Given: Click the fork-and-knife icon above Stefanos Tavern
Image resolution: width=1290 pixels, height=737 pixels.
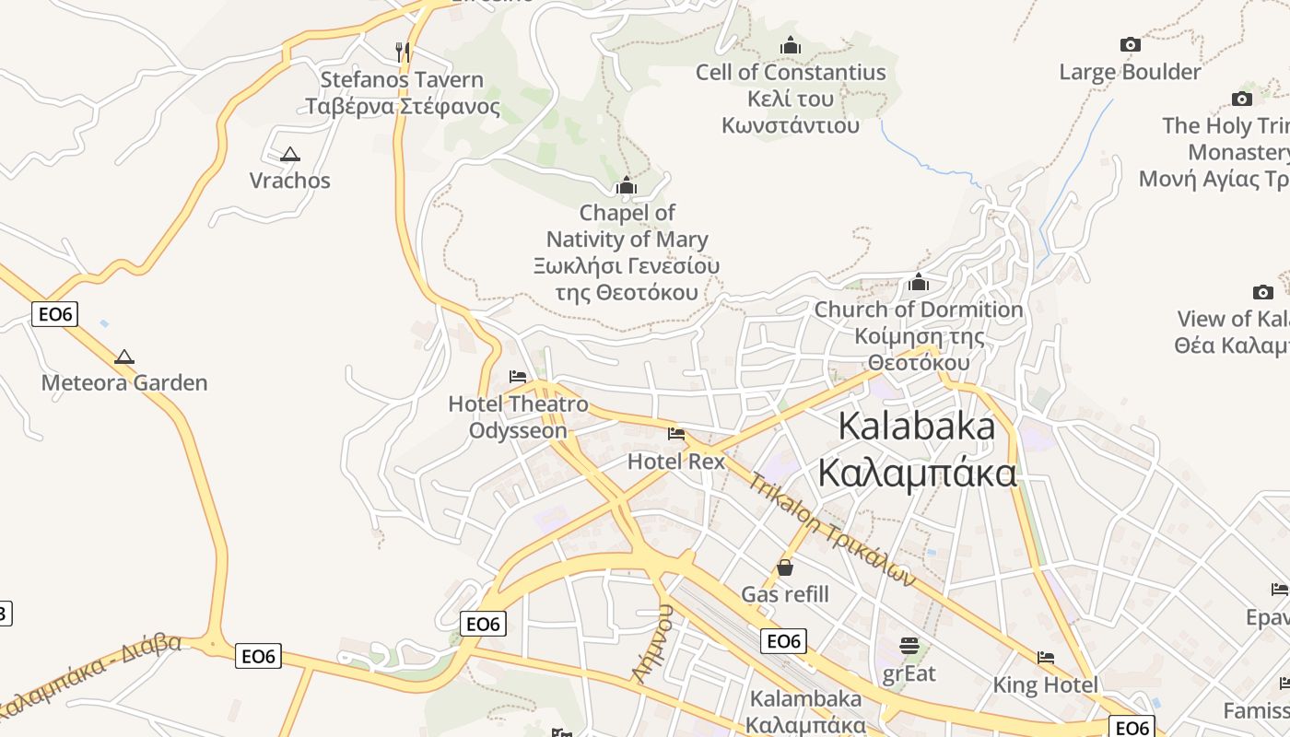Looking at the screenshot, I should coord(402,51).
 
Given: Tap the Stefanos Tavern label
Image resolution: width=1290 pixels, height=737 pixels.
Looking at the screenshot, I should coord(402,93).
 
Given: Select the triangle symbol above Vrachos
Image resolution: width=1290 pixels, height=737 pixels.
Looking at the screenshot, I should coord(290,155).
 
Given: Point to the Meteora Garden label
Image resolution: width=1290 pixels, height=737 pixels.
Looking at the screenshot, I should coord(124,382).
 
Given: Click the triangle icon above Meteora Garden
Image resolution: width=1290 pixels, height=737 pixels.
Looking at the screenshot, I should coord(124,357).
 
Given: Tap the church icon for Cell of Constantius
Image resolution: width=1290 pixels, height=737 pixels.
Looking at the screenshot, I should coord(791,45).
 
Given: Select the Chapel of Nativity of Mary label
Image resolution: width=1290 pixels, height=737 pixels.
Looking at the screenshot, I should coord(627,252).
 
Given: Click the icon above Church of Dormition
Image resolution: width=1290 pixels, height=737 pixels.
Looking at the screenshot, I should coord(919,282).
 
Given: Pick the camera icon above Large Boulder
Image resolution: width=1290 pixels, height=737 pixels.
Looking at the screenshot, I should coord(1130,44).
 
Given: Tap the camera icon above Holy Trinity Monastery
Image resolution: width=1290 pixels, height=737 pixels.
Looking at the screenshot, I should coord(1242,99).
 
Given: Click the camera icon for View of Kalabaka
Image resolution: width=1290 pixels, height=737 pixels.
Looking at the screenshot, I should coord(1263,292).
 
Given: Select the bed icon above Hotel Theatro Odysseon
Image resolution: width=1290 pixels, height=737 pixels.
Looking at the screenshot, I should coord(518,377).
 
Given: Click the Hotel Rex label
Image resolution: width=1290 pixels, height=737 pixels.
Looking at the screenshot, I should coord(676,462).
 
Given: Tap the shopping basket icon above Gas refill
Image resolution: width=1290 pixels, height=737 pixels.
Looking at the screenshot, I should coord(785,567).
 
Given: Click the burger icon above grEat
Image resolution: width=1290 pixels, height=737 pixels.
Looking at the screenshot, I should coord(909,646).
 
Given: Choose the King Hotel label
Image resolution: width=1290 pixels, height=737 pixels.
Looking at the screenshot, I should coord(1046,684).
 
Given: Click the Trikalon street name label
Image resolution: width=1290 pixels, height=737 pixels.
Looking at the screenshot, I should coord(832,529).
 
